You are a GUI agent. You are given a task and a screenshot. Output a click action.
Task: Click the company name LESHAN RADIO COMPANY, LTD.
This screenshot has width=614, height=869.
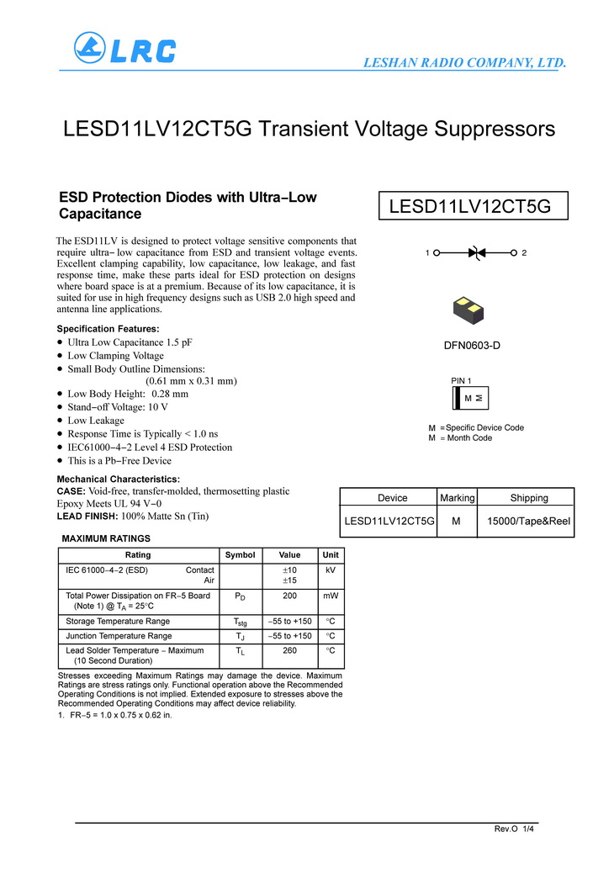[464, 62]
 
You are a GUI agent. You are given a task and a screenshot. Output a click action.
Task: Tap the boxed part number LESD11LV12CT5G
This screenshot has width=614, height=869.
[471, 206]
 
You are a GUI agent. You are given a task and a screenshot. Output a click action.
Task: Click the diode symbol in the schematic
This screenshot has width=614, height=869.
[477, 252]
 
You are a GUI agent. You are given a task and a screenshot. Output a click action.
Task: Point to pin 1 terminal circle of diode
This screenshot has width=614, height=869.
[437, 252]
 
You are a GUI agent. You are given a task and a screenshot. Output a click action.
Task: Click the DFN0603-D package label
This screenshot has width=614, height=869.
[472, 346]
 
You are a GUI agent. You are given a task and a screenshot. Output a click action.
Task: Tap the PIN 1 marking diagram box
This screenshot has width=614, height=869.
[472, 397]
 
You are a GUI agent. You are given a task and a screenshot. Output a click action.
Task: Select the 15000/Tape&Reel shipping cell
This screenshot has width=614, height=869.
[529, 522]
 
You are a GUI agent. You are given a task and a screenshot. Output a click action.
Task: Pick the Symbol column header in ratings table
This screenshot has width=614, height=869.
[240, 555]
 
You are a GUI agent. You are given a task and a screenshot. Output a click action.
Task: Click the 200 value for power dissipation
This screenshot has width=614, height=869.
[289, 596]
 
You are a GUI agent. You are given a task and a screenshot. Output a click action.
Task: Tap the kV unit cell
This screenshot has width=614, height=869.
[331, 570]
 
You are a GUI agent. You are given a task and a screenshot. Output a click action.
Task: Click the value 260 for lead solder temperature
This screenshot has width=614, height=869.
[289, 650]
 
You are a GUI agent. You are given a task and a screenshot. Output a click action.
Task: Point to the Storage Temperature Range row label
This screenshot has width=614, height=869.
[118, 622]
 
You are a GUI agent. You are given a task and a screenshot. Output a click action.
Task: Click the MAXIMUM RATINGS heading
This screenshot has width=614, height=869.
[106, 538]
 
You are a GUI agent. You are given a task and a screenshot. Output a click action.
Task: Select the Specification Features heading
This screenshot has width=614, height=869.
[108, 329]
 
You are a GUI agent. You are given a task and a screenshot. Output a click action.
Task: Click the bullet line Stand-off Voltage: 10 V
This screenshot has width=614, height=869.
[118, 407]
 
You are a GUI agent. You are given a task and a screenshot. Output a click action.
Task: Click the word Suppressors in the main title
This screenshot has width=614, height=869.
[493, 130]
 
